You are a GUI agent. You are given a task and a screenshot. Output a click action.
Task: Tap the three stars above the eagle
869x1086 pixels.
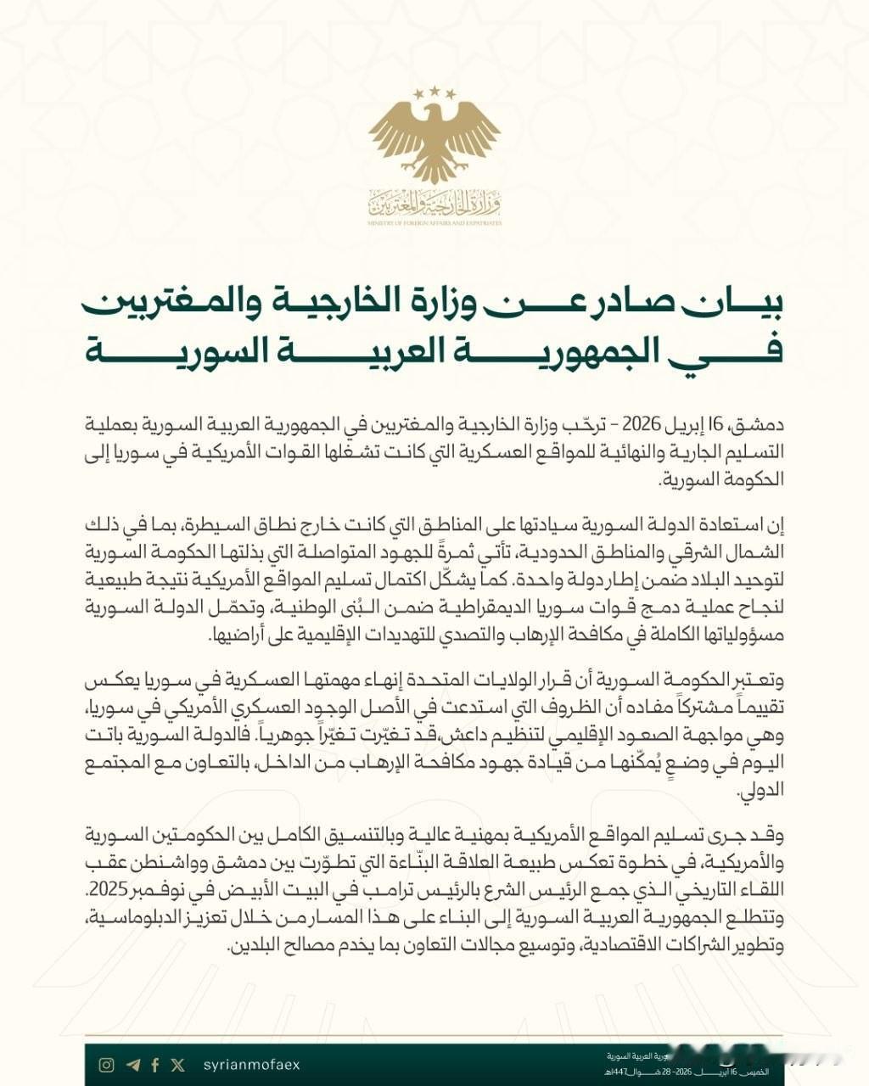tap(434, 91)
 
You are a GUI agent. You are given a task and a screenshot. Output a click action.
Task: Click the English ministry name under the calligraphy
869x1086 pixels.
tap(434, 223)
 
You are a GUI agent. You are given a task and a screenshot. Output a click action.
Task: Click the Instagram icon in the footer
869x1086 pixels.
tap(106, 1065)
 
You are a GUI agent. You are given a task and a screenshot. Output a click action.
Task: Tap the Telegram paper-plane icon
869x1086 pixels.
tap(132, 1065)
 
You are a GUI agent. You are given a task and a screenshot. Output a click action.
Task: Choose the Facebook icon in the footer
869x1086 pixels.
tap(154, 1065)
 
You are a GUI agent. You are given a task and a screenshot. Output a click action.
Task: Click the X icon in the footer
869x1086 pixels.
tap(177, 1065)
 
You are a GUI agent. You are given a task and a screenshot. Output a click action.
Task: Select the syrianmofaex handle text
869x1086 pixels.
tap(251, 1065)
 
